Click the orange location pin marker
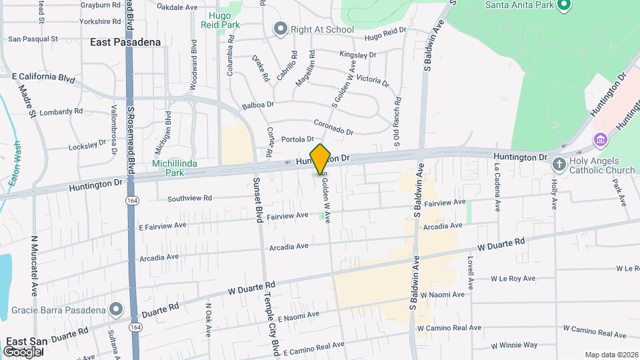tap(321, 159)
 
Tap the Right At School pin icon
tap(280, 29)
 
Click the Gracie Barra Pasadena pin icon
tap(117, 309)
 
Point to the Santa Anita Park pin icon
tap(563, 6)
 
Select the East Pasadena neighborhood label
tap(125, 42)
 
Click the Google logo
tap(22, 351)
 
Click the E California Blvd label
tap(43, 78)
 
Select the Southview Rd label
tap(189, 198)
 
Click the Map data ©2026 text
tap(611, 355)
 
